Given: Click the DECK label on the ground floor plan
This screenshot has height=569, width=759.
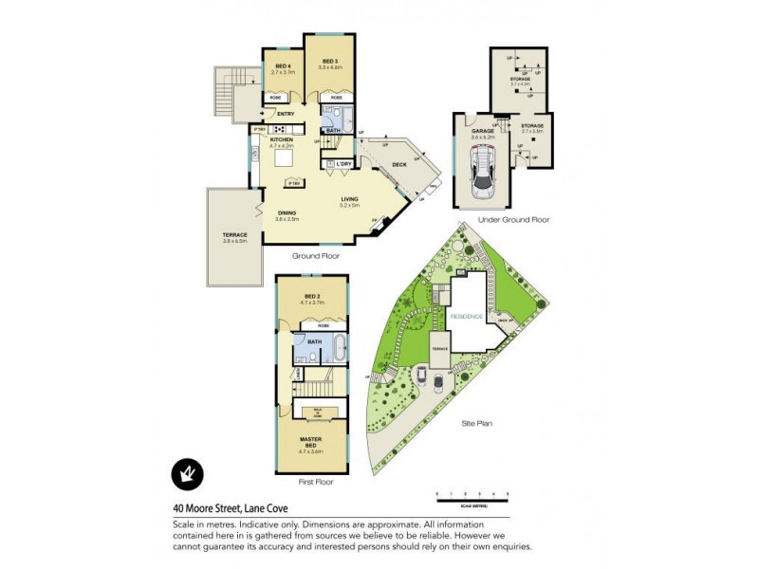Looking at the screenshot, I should pyautogui.click(x=399, y=164).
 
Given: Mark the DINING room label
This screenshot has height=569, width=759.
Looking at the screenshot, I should pyautogui.click(x=287, y=214).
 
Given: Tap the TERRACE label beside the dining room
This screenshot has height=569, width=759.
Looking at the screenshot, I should pyautogui.click(x=234, y=235).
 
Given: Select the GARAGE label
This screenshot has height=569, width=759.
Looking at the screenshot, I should pyautogui.click(x=483, y=132).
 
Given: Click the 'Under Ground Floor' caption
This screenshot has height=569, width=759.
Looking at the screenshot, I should pyautogui.click(x=513, y=220).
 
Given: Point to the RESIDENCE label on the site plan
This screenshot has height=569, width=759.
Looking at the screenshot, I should pyautogui.click(x=467, y=315).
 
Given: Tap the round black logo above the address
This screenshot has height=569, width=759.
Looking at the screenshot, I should pyautogui.click(x=187, y=473).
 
